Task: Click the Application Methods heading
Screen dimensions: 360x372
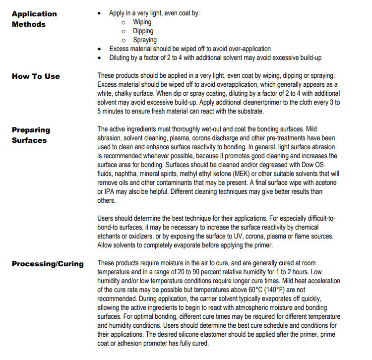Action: pyautogui.click(x=34, y=19)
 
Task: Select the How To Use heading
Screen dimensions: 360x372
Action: pyautogui.click(x=36, y=76)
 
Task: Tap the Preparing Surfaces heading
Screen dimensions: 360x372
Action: pyautogui.click(x=31, y=135)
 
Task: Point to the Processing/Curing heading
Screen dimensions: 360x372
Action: pyautogui.click(x=48, y=263)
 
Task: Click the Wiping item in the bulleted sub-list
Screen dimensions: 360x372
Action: pyautogui.click(x=142, y=22)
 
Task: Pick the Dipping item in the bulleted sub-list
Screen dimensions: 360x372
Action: pyautogui.click(x=143, y=31)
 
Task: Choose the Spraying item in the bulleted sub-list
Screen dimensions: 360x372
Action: pyautogui.click(x=145, y=40)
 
